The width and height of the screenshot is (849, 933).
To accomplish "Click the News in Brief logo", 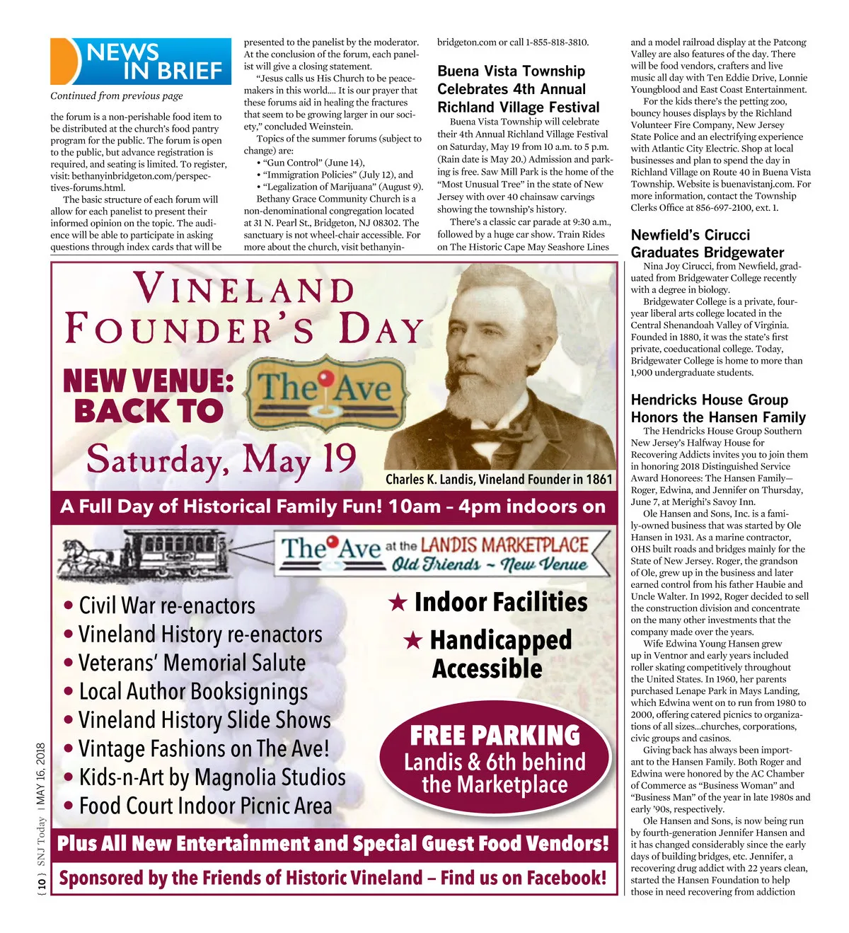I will click(x=141, y=62).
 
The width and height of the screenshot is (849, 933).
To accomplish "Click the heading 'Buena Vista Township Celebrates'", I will click(x=518, y=89).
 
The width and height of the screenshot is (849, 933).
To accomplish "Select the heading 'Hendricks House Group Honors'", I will click(x=717, y=408).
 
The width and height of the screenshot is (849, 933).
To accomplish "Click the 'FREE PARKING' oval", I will click(x=495, y=758).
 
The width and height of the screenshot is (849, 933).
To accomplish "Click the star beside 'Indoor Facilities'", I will click(x=398, y=603).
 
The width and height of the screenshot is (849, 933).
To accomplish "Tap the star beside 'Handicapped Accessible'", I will click(x=412, y=641).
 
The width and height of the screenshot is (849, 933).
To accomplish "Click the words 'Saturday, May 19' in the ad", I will click(x=221, y=460).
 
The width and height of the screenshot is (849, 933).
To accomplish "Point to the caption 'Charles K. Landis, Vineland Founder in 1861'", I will click(x=498, y=480).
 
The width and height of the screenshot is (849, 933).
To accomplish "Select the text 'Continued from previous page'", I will click(x=116, y=95).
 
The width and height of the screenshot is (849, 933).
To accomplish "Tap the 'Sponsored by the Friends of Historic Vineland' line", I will click(x=333, y=879).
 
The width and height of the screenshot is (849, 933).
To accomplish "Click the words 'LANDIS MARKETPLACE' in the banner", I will click(x=504, y=545).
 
